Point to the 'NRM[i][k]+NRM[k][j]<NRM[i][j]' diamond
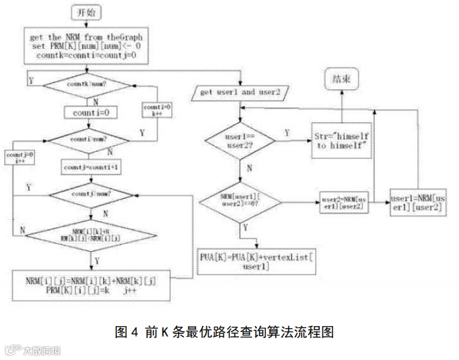95,236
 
